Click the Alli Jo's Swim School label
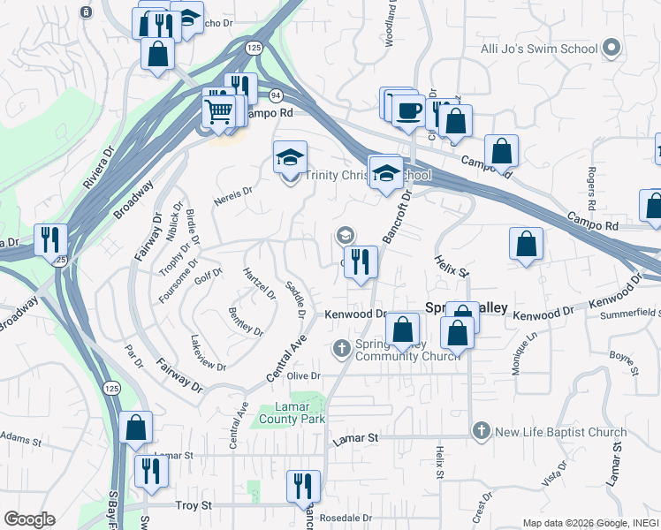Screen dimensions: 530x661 (539, 49)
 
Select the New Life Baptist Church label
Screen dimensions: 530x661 (561, 432)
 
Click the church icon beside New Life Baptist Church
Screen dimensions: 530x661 (481, 431)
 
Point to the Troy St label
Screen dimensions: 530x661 (194, 505)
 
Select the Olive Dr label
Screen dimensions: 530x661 (302, 376)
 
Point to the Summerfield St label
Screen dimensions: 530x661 (629, 314)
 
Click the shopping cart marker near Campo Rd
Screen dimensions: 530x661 (218, 111)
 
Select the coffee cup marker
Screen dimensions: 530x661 (407, 110)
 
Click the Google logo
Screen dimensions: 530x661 (29, 519)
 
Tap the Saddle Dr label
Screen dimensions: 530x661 (295, 300)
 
